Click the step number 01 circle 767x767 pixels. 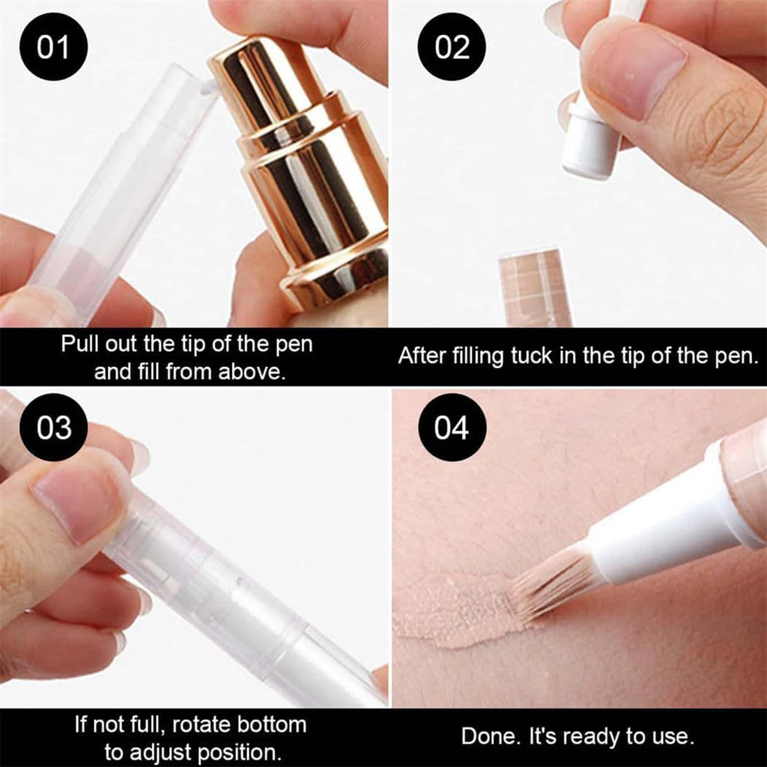(x=53, y=47)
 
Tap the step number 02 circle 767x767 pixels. (x=452, y=47)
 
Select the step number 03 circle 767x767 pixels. (x=53, y=427)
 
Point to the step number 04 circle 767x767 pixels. (x=452, y=427)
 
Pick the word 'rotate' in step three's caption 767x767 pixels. (x=201, y=724)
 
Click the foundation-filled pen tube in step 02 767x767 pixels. (x=534, y=288)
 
